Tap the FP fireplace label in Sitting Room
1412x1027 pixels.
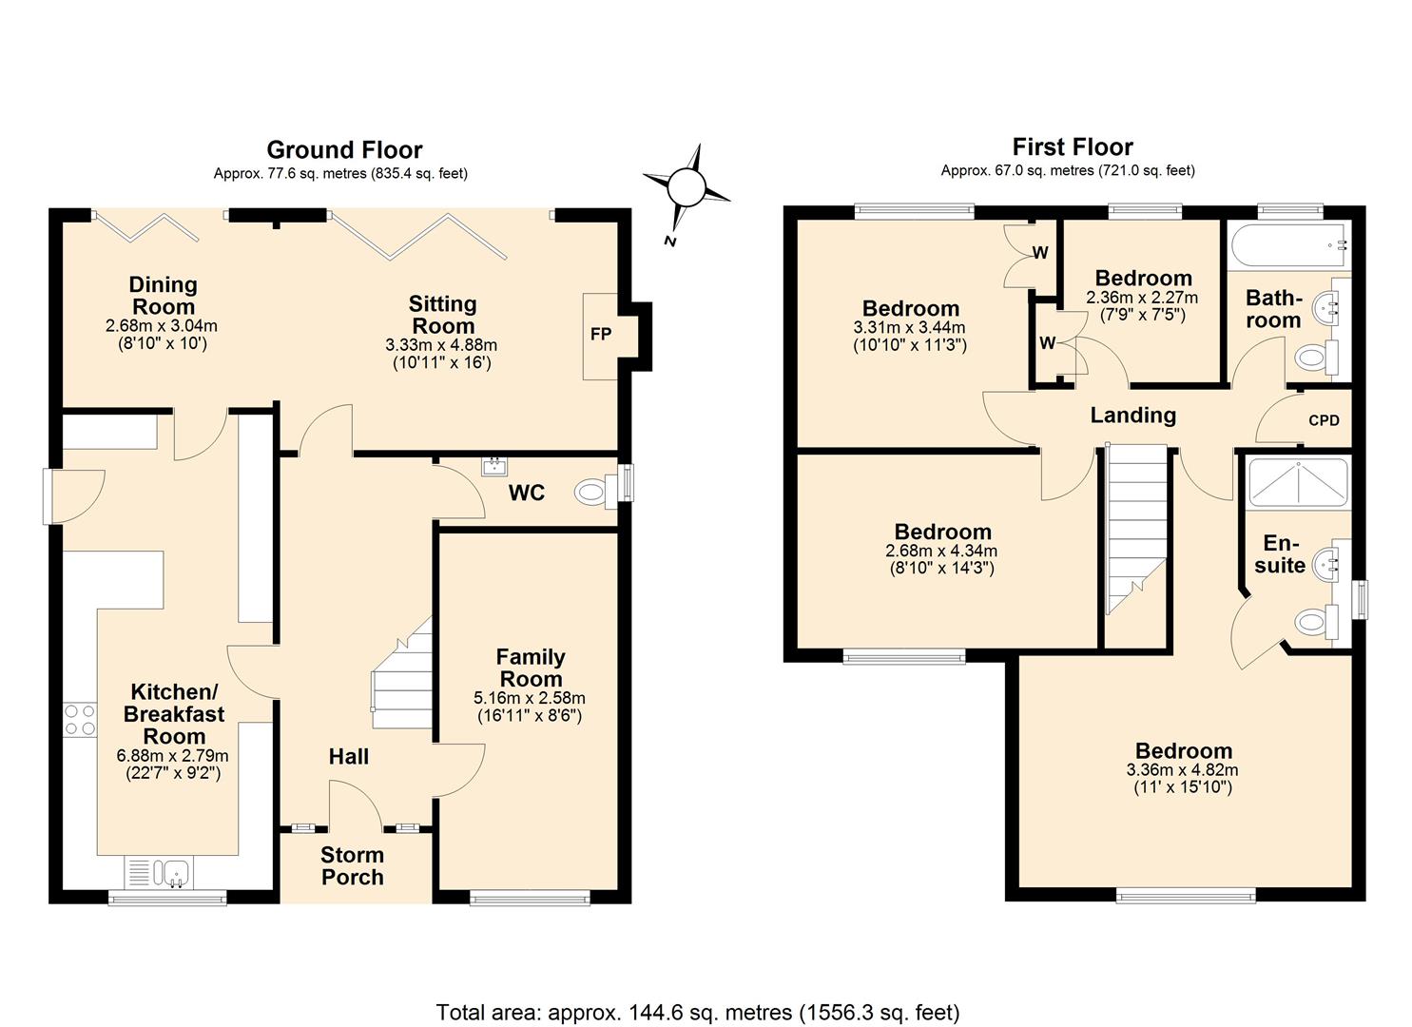tap(600, 334)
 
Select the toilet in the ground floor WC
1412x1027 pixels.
tap(592, 493)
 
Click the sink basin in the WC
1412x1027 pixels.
tap(493, 466)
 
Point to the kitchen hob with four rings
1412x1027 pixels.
tap(79, 719)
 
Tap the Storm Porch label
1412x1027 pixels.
tap(352, 866)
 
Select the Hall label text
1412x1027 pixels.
tap(349, 757)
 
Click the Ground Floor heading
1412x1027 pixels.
tap(344, 149)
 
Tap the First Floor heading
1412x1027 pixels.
tap(1072, 146)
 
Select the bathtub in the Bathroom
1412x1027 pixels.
tap(1288, 245)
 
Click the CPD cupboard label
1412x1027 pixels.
tap(1324, 420)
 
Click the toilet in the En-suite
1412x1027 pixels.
tap(1313, 623)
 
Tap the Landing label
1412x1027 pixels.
tap(1132, 416)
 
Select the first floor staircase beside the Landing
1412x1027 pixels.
tap(1137, 533)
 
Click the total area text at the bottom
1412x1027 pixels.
tap(698, 1012)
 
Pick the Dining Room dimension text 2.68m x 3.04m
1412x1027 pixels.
tap(162, 326)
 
